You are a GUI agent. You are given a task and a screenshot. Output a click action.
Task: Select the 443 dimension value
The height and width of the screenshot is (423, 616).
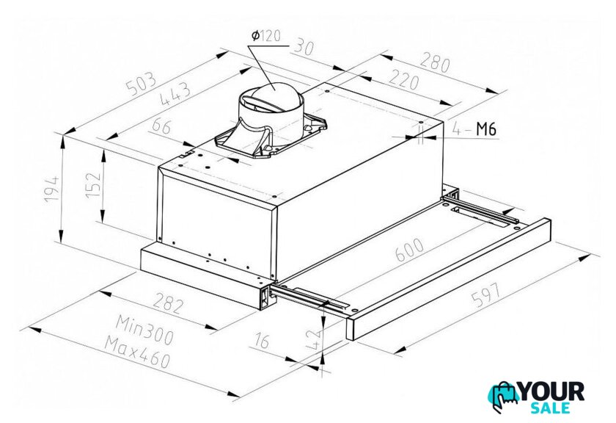pyautogui.click(x=175, y=95)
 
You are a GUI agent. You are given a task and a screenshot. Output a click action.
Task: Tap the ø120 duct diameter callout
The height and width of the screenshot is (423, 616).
pyautogui.click(x=266, y=36)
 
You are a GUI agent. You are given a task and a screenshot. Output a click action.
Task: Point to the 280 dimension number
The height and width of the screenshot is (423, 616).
pyautogui.click(x=434, y=62)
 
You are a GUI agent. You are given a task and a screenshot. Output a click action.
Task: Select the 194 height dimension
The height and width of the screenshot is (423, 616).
pyautogui.click(x=51, y=189)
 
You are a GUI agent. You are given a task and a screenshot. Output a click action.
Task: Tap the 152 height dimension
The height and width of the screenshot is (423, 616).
pyautogui.click(x=94, y=184)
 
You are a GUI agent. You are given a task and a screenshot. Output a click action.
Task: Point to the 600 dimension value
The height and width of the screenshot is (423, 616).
pyautogui.click(x=409, y=250)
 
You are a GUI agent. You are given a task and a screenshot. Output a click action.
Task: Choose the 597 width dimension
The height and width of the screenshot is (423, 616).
pyautogui.click(x=486, y=295)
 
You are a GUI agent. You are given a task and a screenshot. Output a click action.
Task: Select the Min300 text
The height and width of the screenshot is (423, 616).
pyautogui.click(x=144, y=330)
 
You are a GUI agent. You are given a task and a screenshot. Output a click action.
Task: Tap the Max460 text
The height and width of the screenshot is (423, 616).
pyautogui.click(x=138, y=352)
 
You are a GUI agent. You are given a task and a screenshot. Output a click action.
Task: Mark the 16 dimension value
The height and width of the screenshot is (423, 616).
pyautogui.click(x=262, y=340)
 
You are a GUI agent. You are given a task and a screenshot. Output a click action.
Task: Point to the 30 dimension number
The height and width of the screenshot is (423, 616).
pyautogui.click(x=304, y=46)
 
